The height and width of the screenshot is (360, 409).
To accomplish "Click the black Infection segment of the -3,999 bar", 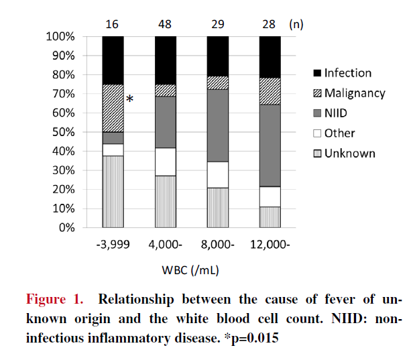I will (x=113, y=60).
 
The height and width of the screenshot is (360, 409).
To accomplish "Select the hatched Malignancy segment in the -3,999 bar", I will (x=113, y=108).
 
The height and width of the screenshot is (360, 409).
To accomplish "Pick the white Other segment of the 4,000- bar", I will (x=165, y=162).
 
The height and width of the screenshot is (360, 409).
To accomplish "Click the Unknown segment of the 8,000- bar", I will (x=217, y=207).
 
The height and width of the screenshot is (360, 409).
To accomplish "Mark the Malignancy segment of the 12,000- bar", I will (x=270, y=91).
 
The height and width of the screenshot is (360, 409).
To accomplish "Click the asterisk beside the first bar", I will (x=130, y=100).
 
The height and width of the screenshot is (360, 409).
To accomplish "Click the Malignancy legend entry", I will (x=349, y=93).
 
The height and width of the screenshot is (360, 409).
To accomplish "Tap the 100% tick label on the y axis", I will (x=60, y=36).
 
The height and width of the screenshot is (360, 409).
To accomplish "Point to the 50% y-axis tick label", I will (x=63, y=132).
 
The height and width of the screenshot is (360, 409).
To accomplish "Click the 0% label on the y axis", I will (x=66, y=228).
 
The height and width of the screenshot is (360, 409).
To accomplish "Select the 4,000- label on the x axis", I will (x=165, y=245).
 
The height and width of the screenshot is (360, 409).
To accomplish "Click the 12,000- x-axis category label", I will (x=270, y=245).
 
